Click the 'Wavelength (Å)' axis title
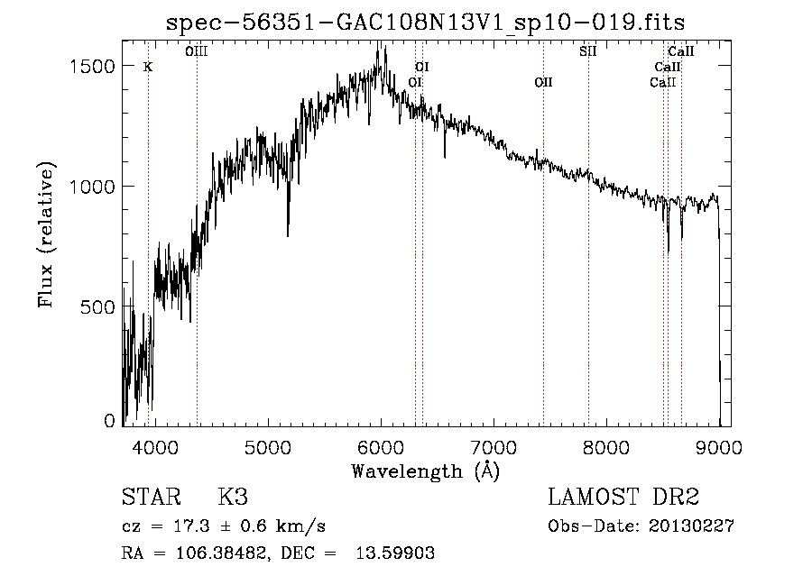(x=425, y=470)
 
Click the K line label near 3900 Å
(x=148, y=67)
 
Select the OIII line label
(x=196, y=51)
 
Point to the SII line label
(x=587, y=51)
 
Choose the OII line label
(x=543, y=82)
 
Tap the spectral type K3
(x=233, y=498)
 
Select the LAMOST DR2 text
(x=623, y=498)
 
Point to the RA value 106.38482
(x=207, y=553)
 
